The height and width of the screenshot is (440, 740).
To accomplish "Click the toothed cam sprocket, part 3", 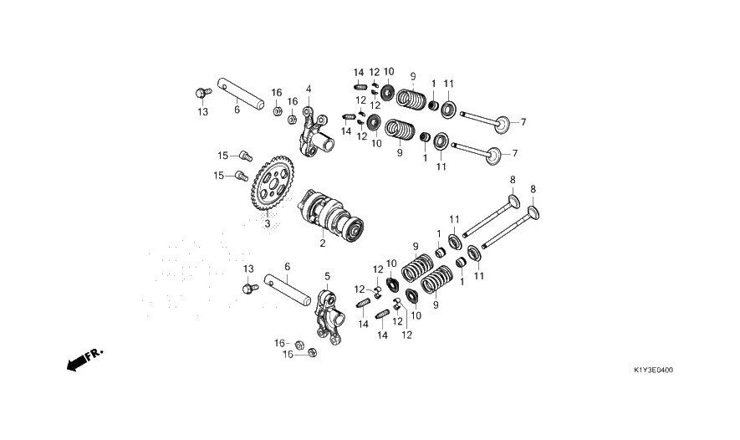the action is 273,184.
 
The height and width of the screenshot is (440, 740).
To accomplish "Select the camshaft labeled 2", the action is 331,215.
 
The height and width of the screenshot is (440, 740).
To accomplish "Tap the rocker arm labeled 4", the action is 314,133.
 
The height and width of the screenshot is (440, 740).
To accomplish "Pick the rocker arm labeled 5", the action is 329,313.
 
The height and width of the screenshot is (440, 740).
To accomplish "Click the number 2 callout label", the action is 322,243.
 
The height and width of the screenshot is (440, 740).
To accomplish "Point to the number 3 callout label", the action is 268,224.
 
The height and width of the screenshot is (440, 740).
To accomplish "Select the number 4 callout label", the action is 309,90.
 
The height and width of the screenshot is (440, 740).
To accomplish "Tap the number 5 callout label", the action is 327,277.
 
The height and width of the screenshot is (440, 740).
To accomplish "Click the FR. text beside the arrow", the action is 94,354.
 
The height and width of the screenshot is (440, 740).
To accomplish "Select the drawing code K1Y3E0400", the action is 654,370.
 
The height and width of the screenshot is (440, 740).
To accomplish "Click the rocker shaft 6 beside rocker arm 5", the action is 288,289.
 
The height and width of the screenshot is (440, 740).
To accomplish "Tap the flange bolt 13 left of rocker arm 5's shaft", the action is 250,288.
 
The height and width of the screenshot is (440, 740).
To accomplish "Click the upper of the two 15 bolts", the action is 246,156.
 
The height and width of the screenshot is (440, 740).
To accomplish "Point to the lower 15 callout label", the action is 218,176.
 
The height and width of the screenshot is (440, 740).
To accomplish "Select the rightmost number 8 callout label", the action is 533,189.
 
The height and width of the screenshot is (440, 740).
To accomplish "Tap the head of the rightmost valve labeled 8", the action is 533,213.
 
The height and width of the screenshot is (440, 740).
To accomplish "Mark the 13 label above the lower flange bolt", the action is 248,269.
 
